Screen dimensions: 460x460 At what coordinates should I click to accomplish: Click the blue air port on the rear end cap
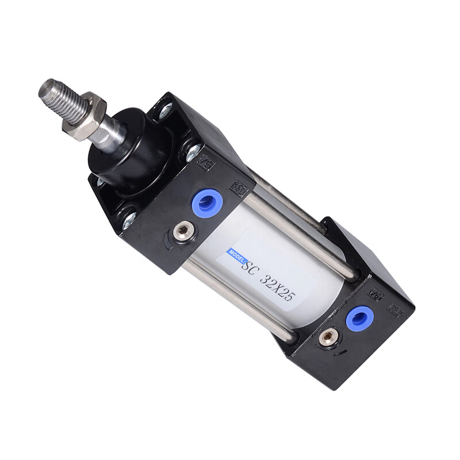(x=359, y=317)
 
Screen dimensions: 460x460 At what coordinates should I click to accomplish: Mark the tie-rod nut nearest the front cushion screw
(x=129, y=219)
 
